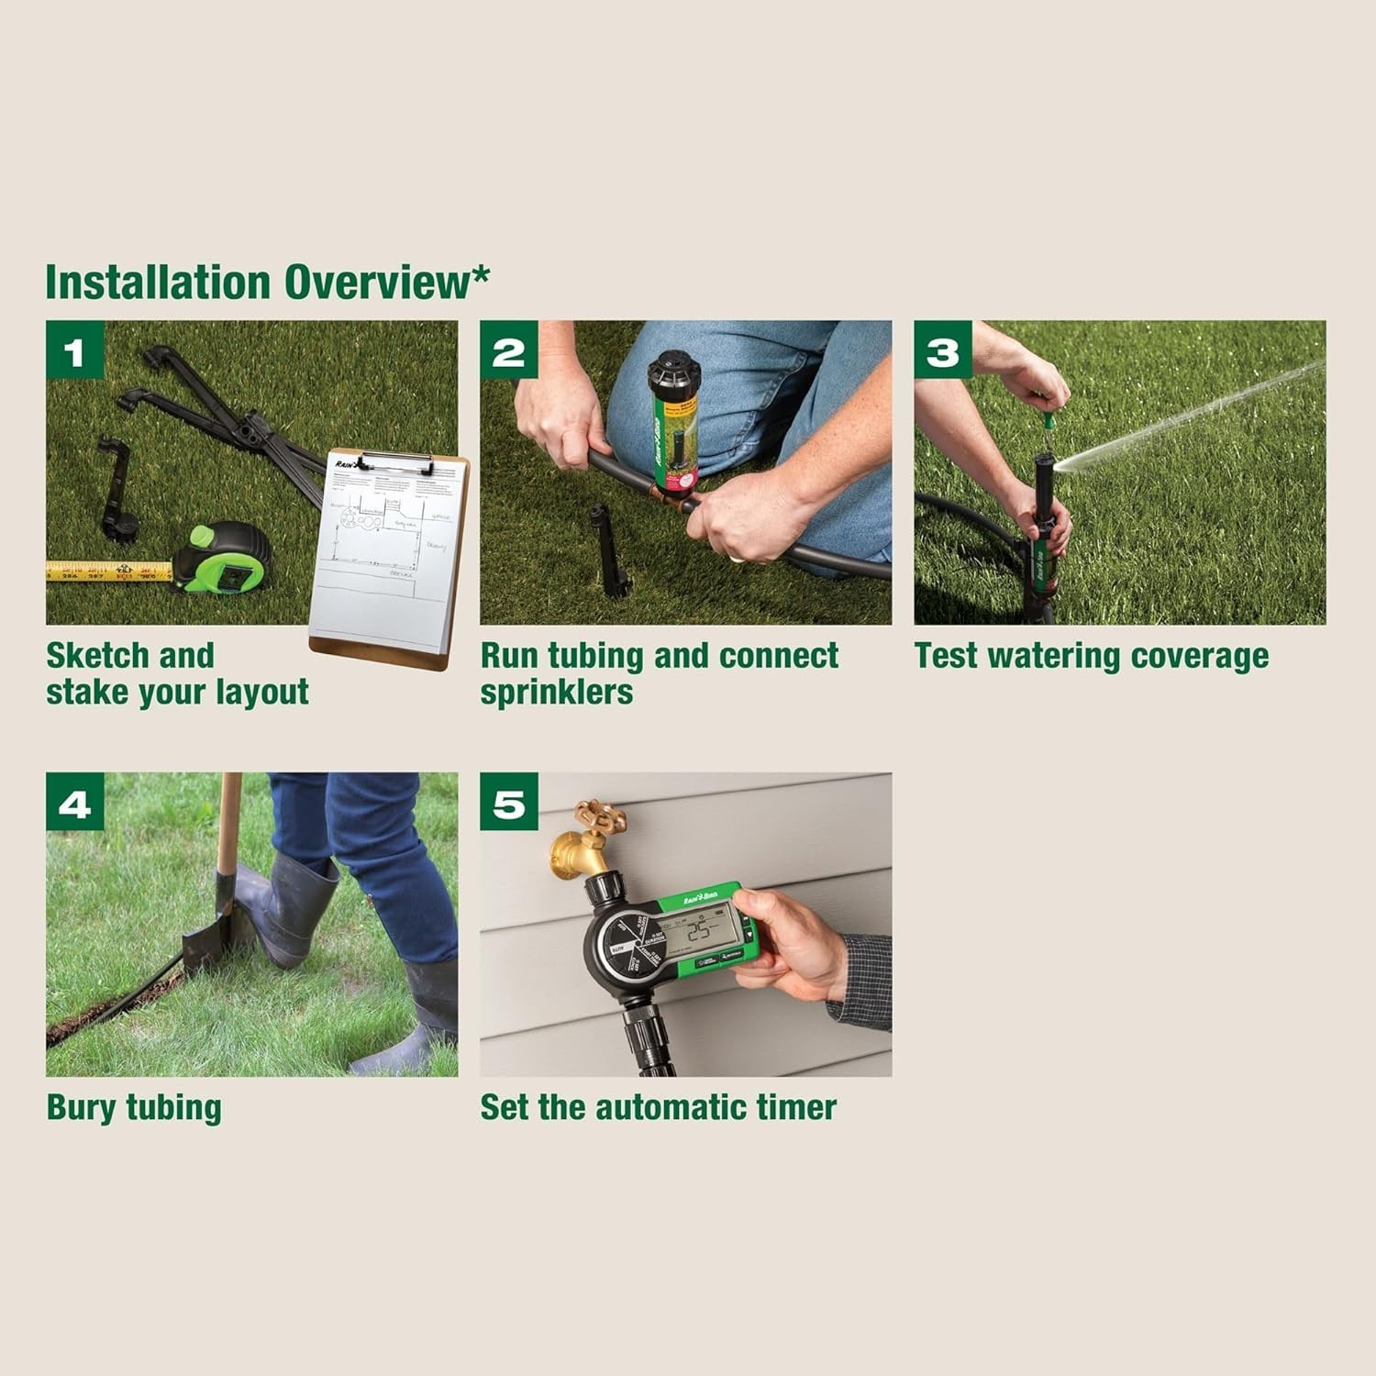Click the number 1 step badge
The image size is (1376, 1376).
pyautogui.click(x=75, y=350)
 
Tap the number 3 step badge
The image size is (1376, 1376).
pyautogui.click(x=943, y=350)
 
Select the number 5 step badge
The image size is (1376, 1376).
pyautogui.click(x=509, y=802)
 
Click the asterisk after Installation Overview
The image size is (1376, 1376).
pyautogui.click(x=481, y=275)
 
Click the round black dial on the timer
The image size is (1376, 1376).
pyautogui.click(x=626, y=945)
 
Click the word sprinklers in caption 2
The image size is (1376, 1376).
pyautogui.click(x=557, y=693)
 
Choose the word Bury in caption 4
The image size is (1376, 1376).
pyautogui.click(x=82, y=1107)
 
